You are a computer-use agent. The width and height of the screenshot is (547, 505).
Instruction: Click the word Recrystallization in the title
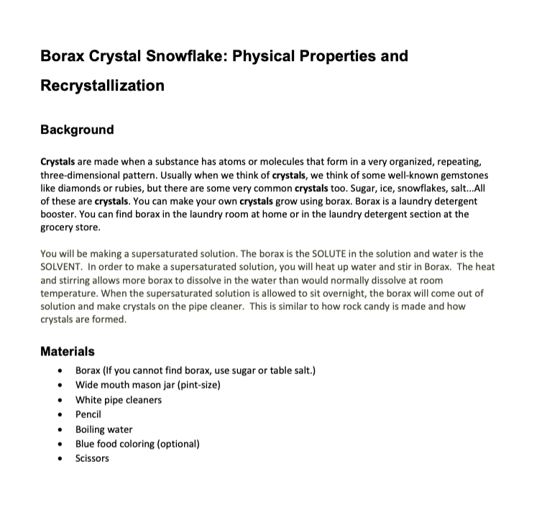pyautogui.click(x=102, y=86)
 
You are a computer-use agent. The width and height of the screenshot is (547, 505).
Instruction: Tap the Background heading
pyautogui.click(x=77, y=130)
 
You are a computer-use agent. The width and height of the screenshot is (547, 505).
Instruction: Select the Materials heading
pyautogui.click(x=68, y=352)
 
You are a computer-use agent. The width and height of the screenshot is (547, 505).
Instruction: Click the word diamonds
pyautogui.click(x=80, y=188)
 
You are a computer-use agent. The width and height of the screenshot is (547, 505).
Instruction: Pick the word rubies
pyautogui.click(x=143, y=188)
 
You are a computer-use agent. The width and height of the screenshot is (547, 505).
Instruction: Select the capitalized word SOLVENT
pyautogui.click(x=62, y=266)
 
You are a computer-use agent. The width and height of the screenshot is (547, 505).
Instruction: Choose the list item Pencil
pyautogui.click(x=88, y=414)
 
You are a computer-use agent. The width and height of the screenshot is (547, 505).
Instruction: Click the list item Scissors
pyautogui.click(x=92, y=458)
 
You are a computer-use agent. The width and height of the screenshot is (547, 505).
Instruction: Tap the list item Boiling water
pyautogui.click(x=104, y=429)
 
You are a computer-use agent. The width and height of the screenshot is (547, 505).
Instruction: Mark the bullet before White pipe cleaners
pyautogui.click(x=58, y=401)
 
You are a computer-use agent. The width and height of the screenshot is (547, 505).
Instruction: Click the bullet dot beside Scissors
pyautogui.click(x=58, y=459)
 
